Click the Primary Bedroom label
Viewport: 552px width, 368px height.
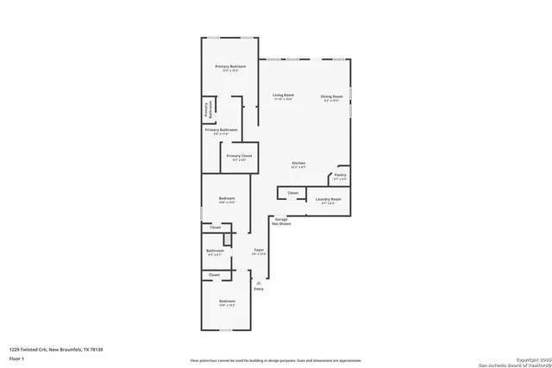230,66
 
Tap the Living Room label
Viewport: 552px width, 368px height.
285,95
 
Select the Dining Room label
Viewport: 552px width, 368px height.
332,96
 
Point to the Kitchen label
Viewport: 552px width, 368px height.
298,163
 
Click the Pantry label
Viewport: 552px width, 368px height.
340,175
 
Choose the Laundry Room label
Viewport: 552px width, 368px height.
329,199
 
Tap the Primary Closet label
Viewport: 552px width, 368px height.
239,156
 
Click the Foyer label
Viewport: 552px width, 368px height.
258,251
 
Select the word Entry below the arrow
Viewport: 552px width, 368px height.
259,289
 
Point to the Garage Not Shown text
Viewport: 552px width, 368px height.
281,221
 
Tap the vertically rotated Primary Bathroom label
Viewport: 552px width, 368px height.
207,109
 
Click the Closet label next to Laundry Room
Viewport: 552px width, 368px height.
292,193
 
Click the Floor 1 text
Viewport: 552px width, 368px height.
16,357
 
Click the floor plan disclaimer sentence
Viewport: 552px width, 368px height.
277,358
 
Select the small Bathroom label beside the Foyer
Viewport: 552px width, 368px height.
215,251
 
